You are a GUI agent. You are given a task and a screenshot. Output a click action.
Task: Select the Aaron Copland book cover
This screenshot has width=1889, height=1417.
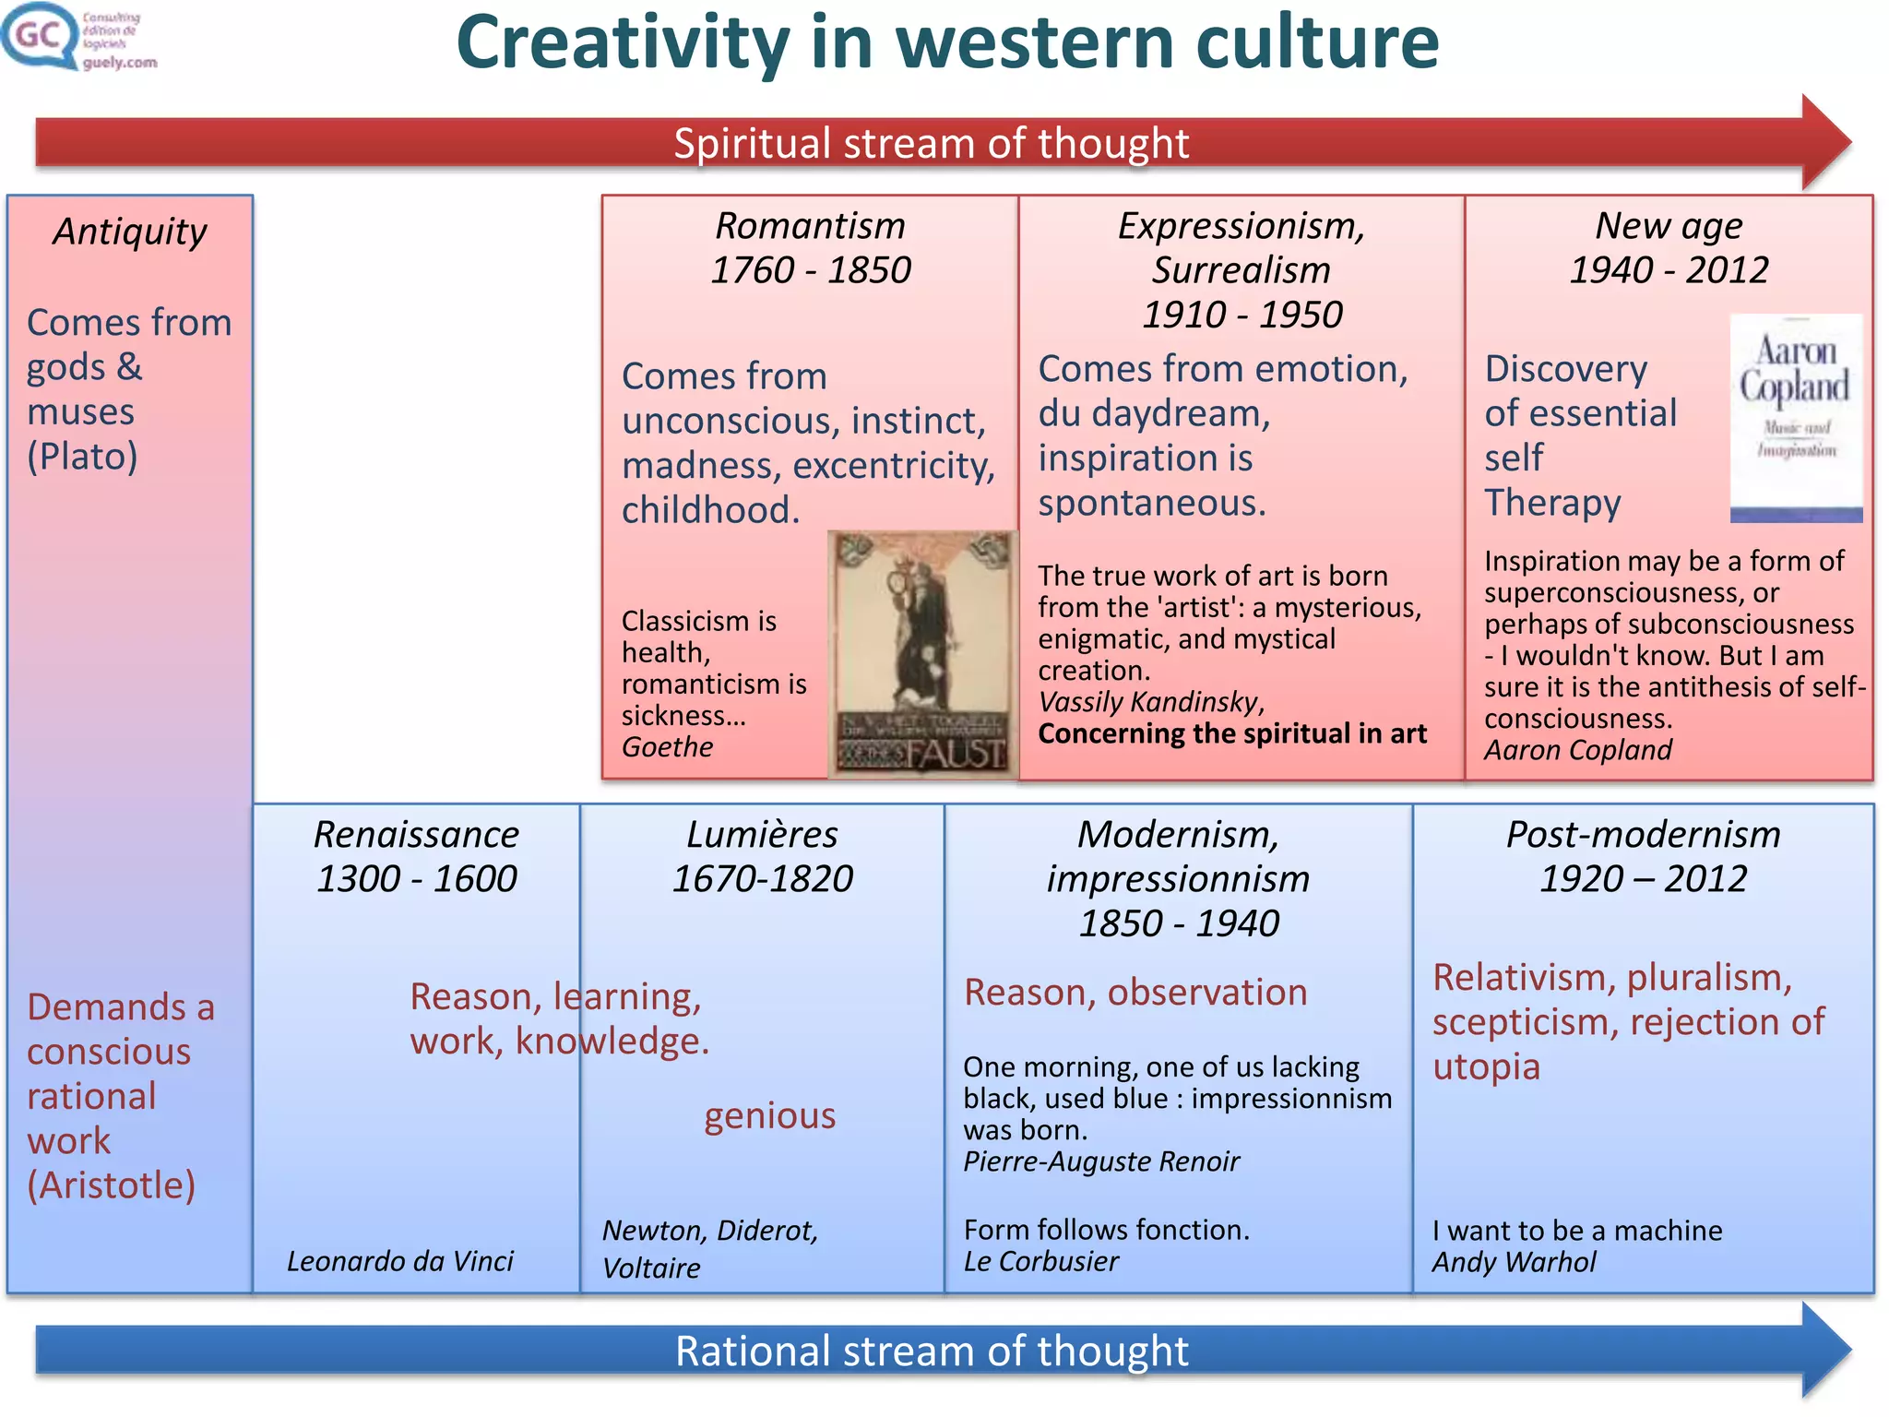tap(1795, 418)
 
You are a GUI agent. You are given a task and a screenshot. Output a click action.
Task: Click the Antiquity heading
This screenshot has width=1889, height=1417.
tap(130, 232)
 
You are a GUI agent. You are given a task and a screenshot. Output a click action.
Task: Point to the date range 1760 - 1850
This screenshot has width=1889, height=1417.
tap(811, 270)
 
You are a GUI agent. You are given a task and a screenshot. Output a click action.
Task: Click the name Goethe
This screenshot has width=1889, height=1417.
tap(667, 746)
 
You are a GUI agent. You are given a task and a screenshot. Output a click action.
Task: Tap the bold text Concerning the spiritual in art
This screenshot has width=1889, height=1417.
tap(1231, 733)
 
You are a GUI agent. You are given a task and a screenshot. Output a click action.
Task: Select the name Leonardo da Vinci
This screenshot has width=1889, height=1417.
tap(399, 1261)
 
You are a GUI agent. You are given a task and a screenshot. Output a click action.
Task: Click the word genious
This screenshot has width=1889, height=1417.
tap(769, 1115)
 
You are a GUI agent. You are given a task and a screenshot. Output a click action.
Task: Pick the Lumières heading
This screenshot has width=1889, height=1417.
tap(762, 834)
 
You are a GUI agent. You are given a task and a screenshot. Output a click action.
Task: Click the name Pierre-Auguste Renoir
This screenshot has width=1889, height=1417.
tap(1101, 1161)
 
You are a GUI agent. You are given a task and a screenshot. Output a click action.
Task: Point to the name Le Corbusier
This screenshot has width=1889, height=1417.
tap(1040, 1261)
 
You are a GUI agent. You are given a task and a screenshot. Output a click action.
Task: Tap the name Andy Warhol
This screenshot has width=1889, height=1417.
tap(1514, 1262)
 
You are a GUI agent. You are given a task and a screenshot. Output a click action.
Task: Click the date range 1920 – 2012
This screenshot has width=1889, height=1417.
tap(1643, 878)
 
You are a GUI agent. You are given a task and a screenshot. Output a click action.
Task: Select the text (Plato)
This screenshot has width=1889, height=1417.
tap(82, 457)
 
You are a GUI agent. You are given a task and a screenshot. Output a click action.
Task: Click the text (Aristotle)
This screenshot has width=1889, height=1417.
tap(111, 1185)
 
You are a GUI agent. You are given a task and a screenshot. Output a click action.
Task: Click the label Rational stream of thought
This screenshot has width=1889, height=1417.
tap(932, 1351)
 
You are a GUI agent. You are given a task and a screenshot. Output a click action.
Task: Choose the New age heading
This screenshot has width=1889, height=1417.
tap(1669, 226)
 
